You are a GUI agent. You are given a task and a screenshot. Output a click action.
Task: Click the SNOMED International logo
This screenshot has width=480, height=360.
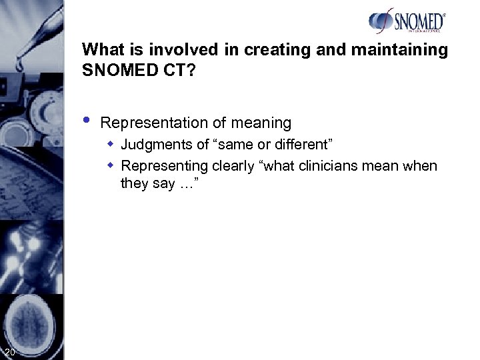point(407,21)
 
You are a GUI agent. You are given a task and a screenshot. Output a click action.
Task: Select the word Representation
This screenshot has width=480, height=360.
point(144,123)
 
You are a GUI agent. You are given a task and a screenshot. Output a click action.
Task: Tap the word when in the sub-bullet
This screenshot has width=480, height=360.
point(421,166)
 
